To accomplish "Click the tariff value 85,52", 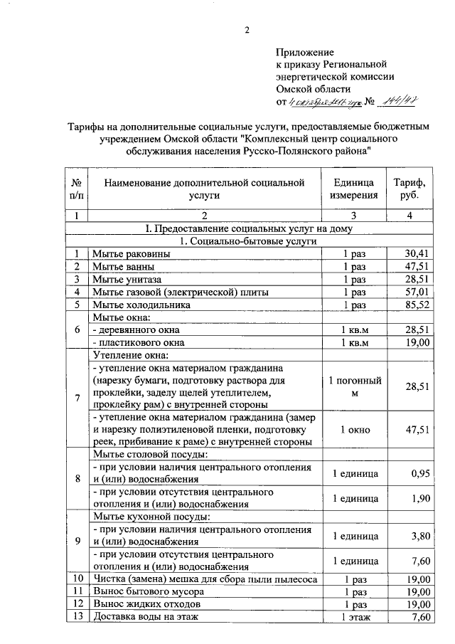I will tap(417, 305).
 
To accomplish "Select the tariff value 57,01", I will tap(417, 292).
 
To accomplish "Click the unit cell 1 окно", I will tap(354, 430).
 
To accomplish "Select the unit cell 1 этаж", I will tap(354, 617).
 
